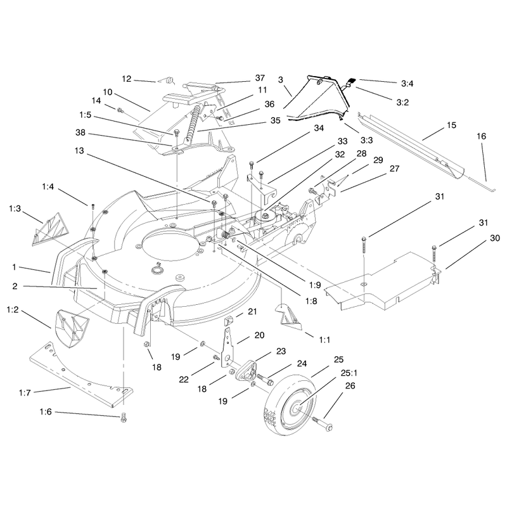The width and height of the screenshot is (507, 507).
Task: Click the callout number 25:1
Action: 349,373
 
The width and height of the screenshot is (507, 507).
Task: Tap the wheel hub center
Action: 296,409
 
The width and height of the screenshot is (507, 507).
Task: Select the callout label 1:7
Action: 25,393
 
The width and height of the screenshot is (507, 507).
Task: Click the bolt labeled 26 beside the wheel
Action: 323,424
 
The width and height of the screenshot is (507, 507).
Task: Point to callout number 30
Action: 495,238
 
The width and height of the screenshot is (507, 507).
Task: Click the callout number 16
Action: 481,136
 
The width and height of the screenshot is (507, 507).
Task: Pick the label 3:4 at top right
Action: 407,84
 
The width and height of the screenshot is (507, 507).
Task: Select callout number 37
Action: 260,78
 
